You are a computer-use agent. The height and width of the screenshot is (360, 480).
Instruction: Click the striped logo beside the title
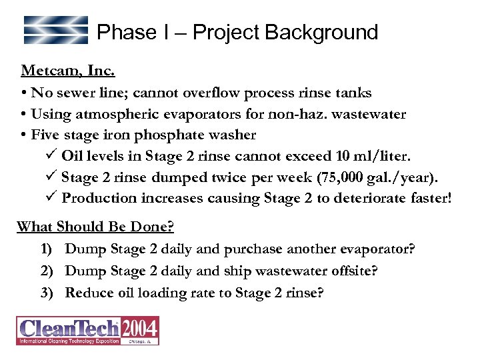(56, 30)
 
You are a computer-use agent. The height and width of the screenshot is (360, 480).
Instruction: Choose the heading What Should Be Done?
(95, 227)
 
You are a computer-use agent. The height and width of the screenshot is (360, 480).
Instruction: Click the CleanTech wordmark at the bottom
(69, 329)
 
